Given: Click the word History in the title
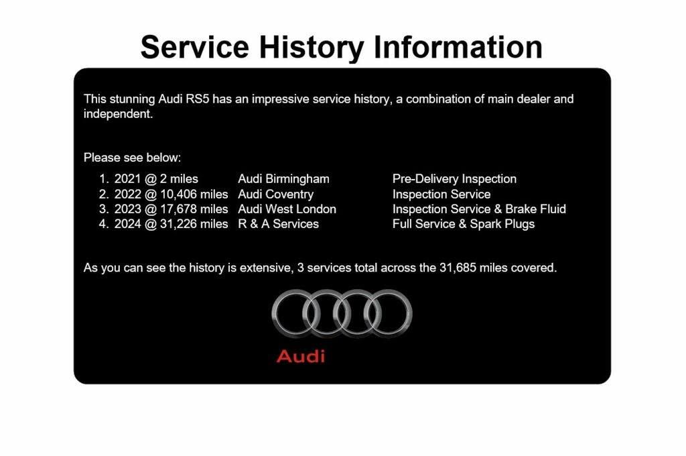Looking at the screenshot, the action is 312,48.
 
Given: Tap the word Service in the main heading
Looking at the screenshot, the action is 195,47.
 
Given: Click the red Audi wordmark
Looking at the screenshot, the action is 301,355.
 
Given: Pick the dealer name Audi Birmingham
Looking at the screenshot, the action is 283,179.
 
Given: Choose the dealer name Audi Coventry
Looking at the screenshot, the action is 275,194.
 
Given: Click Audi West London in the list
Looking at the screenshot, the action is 287,209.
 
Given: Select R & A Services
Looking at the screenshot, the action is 278,224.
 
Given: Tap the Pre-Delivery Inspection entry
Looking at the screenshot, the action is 454,179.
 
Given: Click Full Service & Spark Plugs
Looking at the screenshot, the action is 464,224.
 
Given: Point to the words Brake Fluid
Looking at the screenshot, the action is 535,209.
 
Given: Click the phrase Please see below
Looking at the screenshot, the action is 132,158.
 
